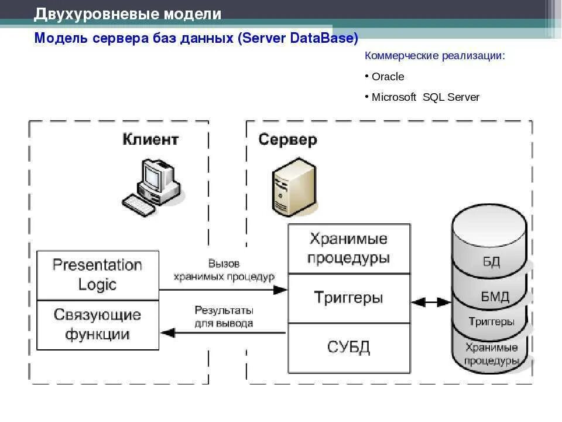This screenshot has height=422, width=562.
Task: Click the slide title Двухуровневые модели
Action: (x=128, y=14)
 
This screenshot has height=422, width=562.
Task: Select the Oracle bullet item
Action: (x=388, y=77)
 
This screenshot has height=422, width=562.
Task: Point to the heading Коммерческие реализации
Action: (x=434, y=56)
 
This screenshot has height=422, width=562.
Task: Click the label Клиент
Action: (x=150, y=139)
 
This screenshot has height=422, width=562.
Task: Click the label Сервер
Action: (x=287, y=140)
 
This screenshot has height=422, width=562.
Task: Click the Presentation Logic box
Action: (x=98, y=275)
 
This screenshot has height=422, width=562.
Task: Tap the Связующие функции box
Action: (x=98, y=325)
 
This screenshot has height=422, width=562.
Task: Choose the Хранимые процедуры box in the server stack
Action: (x=348, y=249)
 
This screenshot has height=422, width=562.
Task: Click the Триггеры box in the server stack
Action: (x=348, y=298)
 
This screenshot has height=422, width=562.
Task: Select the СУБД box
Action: (x=348, y=347)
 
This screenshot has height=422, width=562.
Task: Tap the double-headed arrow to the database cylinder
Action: (x=431, y=302)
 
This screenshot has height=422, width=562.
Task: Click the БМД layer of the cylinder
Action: (x=495, y=297)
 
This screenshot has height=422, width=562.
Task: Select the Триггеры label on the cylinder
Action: (x=492, y=322)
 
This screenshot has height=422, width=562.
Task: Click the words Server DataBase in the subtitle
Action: (x=299, y=39)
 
